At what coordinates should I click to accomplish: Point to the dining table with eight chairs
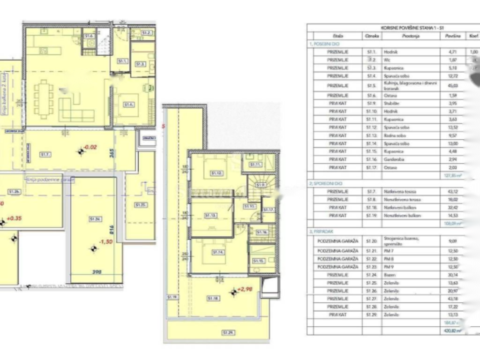click(x=43, y=98)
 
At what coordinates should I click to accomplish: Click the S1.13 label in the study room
click(x=210, y=215)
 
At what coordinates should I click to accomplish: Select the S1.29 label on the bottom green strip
click(x=228, y=333)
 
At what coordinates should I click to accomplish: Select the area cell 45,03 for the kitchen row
click(x=452, y=85)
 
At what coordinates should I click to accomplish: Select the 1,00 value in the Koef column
click(x=473, y=52)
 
